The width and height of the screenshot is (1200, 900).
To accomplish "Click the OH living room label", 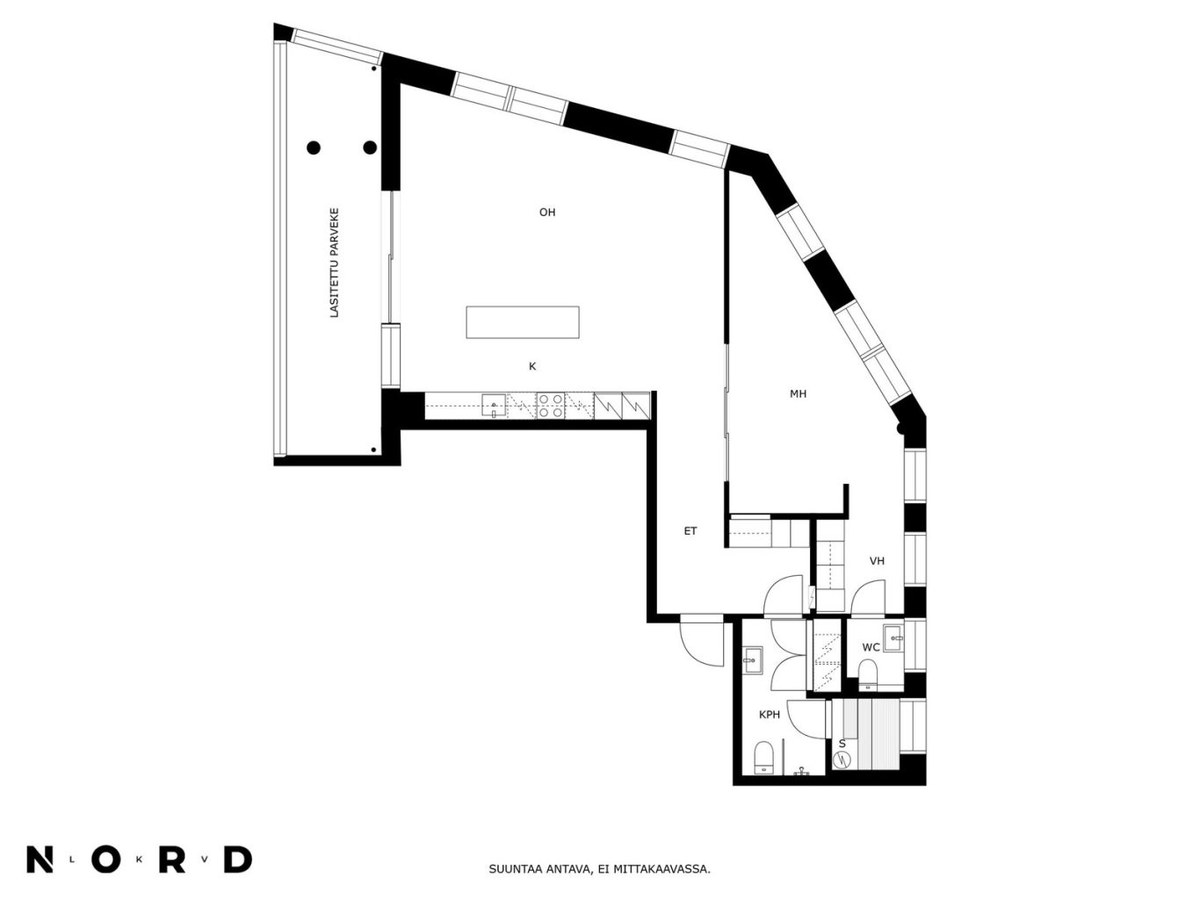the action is (546, 212).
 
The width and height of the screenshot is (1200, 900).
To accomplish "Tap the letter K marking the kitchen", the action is (532, 366).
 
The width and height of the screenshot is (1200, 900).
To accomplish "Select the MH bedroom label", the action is (798, 393).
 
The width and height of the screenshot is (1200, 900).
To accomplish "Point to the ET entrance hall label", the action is (690, 530).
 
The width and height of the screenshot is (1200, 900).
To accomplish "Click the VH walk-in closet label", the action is (877, 561).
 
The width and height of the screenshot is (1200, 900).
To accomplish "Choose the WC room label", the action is (871, 647).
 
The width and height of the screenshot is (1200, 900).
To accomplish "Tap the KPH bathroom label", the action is (770, 714).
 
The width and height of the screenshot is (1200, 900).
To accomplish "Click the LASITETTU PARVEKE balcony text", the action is (334, 263).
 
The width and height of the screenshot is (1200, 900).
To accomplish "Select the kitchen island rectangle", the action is (522, 322).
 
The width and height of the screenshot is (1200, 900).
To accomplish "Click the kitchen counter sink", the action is (493, 406).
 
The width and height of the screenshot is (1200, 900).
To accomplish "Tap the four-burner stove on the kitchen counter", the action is (550, 406).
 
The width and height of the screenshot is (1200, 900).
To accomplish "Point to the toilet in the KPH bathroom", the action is (763, 758).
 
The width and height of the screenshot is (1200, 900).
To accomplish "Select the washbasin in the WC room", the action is (893, 638).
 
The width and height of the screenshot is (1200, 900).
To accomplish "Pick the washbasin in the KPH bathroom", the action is (753, 661).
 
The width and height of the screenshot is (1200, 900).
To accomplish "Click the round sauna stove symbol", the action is (842, 759).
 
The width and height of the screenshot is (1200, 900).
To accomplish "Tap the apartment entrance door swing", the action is (702, 640).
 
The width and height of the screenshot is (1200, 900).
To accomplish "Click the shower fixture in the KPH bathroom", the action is (802, 771).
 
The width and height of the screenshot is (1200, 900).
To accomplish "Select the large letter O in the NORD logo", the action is (106, 860).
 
